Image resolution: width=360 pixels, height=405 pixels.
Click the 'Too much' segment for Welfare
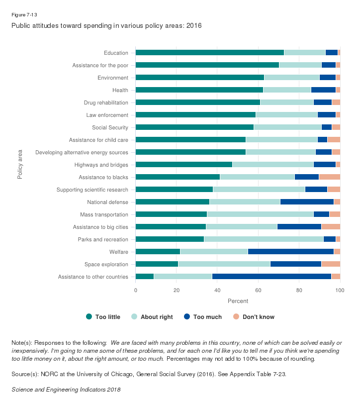pos(291,252)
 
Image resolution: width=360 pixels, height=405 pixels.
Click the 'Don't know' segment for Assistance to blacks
pos(329,177)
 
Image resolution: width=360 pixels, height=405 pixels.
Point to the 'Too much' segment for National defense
pos(307,202)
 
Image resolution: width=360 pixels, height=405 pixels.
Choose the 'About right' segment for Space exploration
pos(224,264)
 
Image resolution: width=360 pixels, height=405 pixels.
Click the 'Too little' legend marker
pos(89,316)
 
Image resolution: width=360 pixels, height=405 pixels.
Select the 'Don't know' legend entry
pos(258,316)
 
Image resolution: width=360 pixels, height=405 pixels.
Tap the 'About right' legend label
pos(157,316)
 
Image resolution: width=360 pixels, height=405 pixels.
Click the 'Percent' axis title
pos(238,301)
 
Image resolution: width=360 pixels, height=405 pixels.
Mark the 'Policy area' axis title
pos(20,165)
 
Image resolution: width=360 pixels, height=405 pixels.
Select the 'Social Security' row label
pos(111,127)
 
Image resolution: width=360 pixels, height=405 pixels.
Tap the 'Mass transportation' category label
pos(104,214)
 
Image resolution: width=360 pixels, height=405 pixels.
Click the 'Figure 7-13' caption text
pos(24,14)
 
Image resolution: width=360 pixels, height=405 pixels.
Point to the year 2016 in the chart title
pos(194,25)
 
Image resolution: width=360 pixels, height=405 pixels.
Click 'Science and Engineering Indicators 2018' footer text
pos(66,390)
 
